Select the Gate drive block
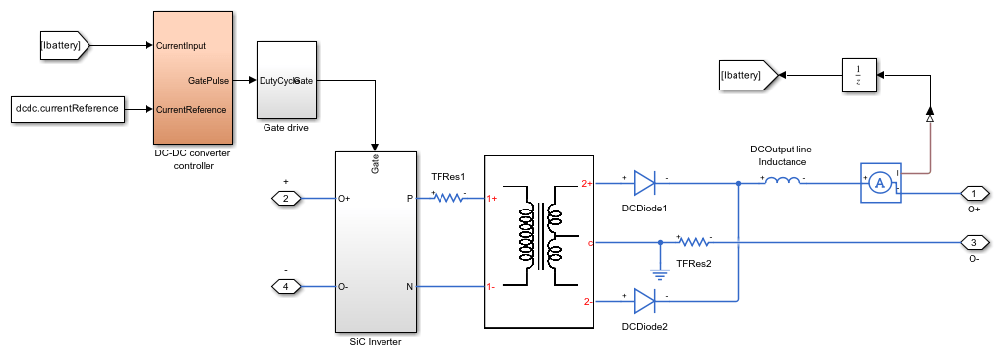(286, 80)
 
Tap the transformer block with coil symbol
(539, 240)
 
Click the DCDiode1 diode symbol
(644, 183)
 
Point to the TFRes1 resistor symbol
(447, 198)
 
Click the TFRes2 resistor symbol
(694, 241)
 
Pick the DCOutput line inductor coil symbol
(783, 181)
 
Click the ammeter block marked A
(882, 183)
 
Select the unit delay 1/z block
(858, 74)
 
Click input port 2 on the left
(286, 199)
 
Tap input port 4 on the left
(286, 287)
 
